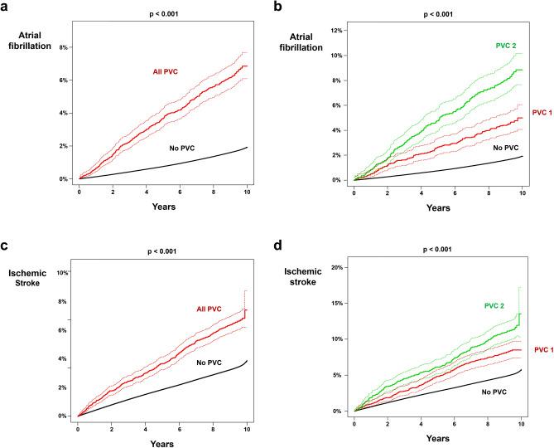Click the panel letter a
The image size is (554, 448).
pyautogui.click(x=7, y=7)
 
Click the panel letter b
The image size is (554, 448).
pyautogui.click(x=284, y=7)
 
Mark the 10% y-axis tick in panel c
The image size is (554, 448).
pyautogui.click(x=61, y=273)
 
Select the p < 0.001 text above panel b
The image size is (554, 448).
pyautogui.click(x=437, y=14)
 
